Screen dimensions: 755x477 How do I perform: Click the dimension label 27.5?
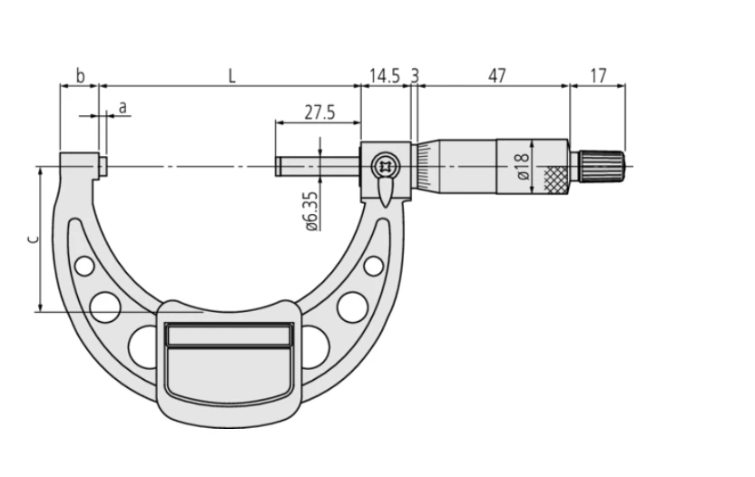point(319,112)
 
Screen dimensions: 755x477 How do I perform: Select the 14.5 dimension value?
point(385,75)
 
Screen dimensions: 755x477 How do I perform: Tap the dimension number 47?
point(497,75)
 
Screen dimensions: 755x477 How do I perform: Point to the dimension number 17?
point(598,75)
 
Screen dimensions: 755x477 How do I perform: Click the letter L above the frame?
point(232,75)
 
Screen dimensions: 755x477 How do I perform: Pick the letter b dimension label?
point(81,75)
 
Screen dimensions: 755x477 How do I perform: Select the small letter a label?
point(123,108)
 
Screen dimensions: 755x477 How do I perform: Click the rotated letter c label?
point(33,239)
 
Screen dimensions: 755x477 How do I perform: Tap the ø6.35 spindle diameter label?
point(311,211)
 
